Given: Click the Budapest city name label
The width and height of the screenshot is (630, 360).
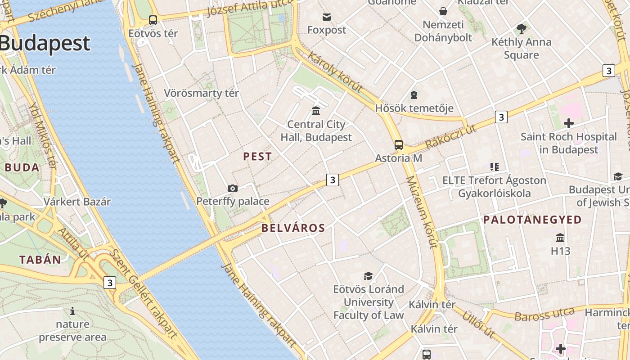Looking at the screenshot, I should pos(45,44).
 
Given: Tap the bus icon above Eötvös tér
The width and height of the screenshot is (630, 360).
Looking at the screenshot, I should pos(153,20).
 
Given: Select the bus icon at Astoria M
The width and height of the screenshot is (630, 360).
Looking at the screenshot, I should pos(399,145).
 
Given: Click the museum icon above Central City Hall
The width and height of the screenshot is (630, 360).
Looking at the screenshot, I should pos(316,111).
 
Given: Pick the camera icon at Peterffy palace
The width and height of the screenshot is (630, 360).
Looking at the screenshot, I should pos(233,188).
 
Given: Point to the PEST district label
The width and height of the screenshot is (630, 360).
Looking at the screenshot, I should pos(257,157).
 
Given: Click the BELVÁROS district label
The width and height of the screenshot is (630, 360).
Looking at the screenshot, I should pos(293,228).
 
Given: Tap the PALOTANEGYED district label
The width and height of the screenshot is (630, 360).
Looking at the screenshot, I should pos(532,220).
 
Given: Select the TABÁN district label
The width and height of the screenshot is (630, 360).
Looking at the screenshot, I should pos(40,260).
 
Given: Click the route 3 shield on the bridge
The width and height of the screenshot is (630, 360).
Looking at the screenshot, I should pos(109,283).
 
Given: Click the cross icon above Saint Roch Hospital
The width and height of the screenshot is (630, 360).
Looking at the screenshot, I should pos(568,123).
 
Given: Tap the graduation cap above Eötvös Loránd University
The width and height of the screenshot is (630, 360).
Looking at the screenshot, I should pos(369,276).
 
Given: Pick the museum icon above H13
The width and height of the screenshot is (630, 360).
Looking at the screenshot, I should pos(560,238).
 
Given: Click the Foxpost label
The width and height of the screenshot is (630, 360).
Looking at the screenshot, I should pos(327,30).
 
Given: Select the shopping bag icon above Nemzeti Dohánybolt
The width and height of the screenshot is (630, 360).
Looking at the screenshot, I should pos(443,11).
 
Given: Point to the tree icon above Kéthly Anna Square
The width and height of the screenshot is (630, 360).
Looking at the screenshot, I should pos(522,29).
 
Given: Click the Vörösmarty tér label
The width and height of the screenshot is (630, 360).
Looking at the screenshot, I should pos(201,93).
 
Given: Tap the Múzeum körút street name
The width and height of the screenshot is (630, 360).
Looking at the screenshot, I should pos(422,212).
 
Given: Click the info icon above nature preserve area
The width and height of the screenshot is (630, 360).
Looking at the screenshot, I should pos(72,311).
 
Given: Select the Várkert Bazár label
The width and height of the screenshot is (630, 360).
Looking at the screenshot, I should pos(77,202).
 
